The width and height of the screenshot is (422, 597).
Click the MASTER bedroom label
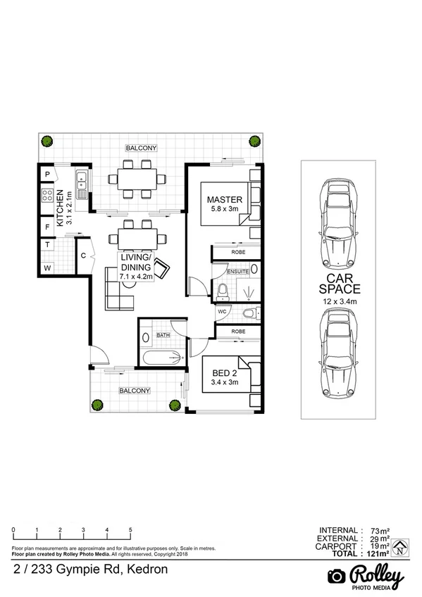coord(225,199)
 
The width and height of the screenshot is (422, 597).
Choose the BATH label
coord(163,334)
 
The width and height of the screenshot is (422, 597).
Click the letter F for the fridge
coord(47,227)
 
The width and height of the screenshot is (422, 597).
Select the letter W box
coord(47,268)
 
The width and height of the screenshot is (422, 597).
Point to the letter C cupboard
coord(83,256)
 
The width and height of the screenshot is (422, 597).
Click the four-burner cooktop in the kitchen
coord(47,194)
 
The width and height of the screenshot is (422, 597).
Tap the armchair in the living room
coord(162,268)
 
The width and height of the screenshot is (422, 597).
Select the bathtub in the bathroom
coord(162,358)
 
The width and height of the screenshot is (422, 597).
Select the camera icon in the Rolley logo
coord(337,576)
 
